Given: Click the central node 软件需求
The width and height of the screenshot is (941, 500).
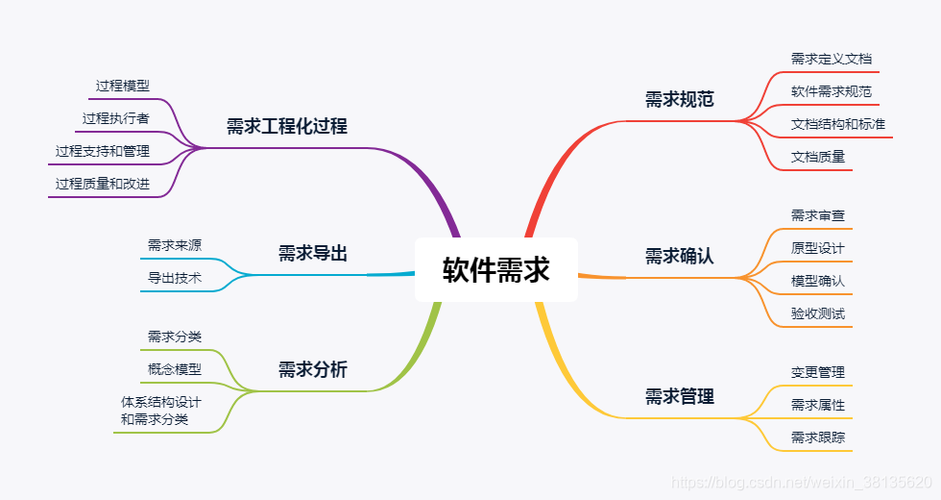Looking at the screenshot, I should [495, 270].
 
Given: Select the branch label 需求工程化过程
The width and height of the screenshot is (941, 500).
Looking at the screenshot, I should [287, 126].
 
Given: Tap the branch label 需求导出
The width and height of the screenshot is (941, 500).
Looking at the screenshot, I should [313, 254].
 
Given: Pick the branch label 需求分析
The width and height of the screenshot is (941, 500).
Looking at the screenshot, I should [313, 369].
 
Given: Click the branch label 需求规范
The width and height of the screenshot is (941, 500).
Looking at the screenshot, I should [680, 99].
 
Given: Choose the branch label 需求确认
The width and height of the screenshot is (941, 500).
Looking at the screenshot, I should [680, 256].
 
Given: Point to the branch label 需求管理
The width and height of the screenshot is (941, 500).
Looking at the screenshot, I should [680, 396].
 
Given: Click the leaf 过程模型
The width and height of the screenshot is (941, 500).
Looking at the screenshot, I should [123, 86].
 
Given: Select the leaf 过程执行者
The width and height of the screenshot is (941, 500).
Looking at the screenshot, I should [116, 118].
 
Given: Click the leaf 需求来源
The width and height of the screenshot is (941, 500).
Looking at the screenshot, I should [175, 245].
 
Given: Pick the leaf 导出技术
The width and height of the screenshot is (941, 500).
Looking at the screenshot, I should [175, 278].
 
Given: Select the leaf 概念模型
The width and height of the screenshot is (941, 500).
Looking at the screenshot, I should [175, 369].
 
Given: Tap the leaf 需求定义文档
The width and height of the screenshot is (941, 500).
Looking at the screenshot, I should [832, 59].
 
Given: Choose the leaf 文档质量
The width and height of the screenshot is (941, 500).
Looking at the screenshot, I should [818, 157].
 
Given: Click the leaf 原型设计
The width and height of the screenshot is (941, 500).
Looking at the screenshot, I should [818, 248].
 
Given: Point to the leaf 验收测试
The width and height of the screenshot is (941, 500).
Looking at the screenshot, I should [818, 313].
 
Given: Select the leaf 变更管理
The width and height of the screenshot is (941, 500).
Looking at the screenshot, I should [818, 372].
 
